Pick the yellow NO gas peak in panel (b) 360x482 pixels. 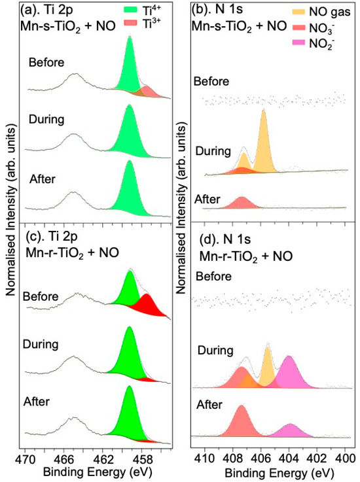click(x=264, y=144)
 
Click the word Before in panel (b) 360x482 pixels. click(x=211, y=82)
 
